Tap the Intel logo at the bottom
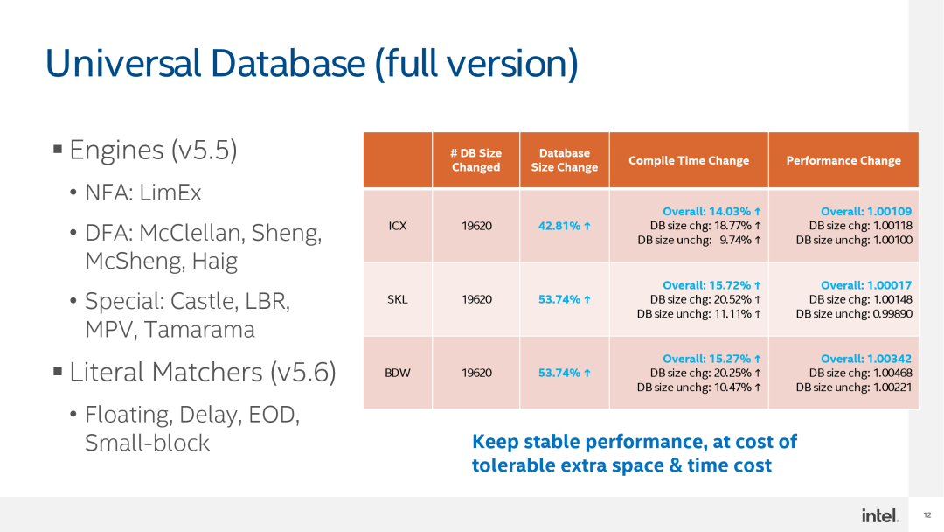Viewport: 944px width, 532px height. (x=879, y=515)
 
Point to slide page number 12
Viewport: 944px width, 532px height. (x=927, y=515)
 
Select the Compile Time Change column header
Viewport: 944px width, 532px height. (x=689, y=160)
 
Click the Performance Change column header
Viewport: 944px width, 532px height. (x=843, y=160)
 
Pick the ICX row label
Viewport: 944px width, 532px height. (x=398, y=226)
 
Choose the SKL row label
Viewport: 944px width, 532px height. (x=398, y=299)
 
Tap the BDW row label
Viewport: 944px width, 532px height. (x=398, y=373)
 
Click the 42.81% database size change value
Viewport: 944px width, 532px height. (x=564, y=226)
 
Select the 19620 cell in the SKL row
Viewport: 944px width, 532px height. (x=477, y=299)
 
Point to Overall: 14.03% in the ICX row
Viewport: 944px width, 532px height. (x=711, y=212)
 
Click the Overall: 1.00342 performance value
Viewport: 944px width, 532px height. (x=866, y=359)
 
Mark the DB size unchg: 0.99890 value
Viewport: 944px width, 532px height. (x=854, y=314)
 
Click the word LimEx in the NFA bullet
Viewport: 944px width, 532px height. (x=170, y=192)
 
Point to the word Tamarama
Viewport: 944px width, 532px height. (x=199, y=330)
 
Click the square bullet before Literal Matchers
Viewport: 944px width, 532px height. (x=58, y=371)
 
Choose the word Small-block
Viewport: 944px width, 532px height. (x=148, y=443)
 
